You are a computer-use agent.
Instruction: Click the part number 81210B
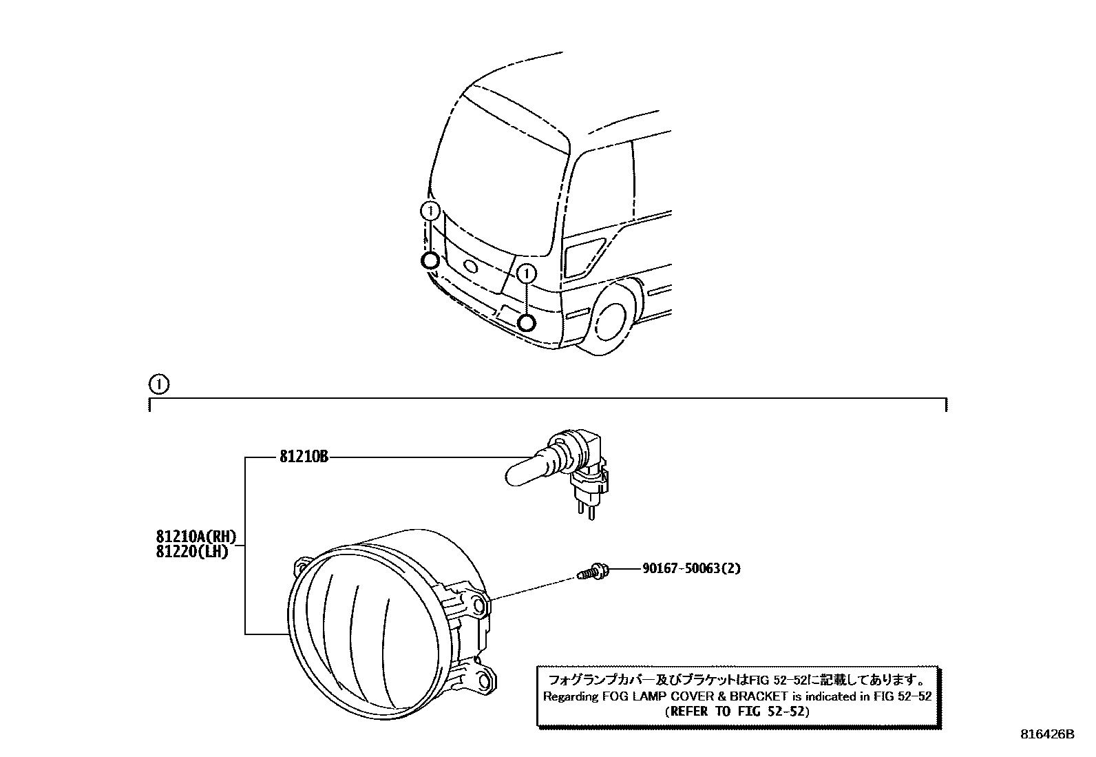[x=304, y=457]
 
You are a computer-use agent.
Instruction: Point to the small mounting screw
[x=592, y=570]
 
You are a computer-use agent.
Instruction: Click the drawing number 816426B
[x=1047, y=734]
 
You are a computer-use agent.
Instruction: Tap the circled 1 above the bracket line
[x=158, y=384]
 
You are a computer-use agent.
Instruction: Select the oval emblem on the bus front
[x=470, y=267]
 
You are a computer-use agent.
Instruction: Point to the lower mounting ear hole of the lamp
[x=485, y=682]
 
